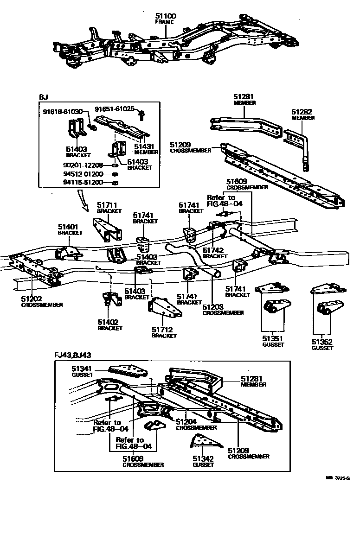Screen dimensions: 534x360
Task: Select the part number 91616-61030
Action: pos(63,112)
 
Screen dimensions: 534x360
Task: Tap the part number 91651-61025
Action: pos(114,108)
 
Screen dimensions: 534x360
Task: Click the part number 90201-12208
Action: pos(83,165)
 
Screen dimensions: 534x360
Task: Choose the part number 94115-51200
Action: pos(83,183)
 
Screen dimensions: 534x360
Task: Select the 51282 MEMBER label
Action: pos(302,114)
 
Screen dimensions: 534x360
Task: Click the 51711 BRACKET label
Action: pos(109,207)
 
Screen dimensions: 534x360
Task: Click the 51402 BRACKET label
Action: pos(109,324)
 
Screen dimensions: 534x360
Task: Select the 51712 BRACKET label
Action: pos(164,332)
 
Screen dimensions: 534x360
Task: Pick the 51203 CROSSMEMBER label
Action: pos(223,310)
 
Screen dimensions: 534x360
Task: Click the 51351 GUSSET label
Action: pos(271,342)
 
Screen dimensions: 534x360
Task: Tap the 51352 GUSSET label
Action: pos(322,344)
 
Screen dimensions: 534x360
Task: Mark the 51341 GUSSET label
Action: pos(83,371)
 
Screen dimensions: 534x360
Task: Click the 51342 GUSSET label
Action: pos(203,461)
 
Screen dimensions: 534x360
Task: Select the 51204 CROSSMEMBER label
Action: pos(195,424)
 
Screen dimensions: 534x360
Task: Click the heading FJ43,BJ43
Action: pos(72,355)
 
